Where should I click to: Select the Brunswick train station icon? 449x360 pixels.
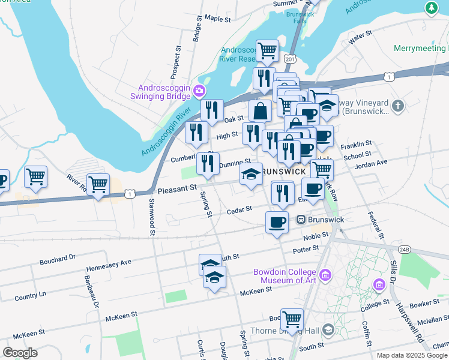point(301,220)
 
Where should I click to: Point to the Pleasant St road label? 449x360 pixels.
point(177,188)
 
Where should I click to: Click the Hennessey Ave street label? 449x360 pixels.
point(109,262)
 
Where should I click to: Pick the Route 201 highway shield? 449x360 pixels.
point(291,59)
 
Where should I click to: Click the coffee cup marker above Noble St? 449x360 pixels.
point(277,222)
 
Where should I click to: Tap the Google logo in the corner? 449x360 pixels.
point(20,353)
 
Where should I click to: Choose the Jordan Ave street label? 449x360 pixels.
point(372,163)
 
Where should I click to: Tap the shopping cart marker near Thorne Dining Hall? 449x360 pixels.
point(292,319)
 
